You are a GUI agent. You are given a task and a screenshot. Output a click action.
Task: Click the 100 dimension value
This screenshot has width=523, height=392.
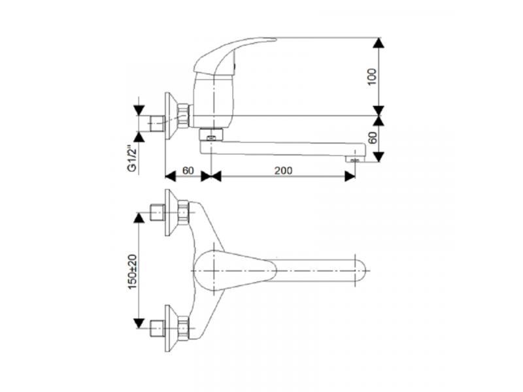click(x=372, y=76)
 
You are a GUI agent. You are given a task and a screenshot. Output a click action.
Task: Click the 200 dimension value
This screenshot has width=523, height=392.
click(x=283, y=171)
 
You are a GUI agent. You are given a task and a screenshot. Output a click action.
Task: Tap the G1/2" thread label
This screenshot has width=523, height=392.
click(x=133, y=157)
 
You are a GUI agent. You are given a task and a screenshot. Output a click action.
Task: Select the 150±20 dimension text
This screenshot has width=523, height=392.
click(x=133, y=272)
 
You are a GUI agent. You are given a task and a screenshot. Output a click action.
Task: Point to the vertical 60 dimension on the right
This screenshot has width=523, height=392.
click(x=373, y=137)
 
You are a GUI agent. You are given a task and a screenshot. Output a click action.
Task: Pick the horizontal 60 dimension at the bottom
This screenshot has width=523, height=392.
click(x=188, y=171)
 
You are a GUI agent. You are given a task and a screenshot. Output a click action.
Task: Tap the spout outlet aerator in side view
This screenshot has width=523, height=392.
click(x=354, y=160)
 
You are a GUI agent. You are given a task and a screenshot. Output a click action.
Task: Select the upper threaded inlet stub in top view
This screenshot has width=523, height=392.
click(x=158, y=212)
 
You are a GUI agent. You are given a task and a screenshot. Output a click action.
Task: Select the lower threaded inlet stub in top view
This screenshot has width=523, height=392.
click(x=158, y=328)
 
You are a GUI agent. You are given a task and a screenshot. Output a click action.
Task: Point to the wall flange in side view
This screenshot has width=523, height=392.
click(x=172, y=116)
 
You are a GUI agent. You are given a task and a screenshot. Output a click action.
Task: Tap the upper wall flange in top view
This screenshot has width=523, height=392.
click(x=172, y=213)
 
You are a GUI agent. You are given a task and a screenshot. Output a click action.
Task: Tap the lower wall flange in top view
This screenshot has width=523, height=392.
click(x=172, y=329)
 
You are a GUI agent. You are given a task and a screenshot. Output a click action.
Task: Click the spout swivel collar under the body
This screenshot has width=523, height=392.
click(x=211, y=135)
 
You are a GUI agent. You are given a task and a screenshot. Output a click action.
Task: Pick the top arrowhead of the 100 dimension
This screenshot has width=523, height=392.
click(x=379, y=43)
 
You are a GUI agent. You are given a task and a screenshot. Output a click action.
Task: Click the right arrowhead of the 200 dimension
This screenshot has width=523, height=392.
click(x=350, y=176)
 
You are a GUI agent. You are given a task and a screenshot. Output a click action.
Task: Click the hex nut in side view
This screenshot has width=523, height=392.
click(x=184, y=116)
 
